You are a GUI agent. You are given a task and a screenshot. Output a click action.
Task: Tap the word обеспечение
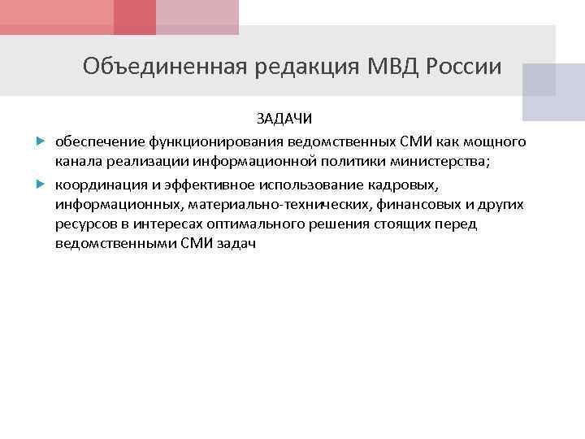click(94, 142)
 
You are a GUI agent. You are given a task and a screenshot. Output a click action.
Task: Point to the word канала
click(78, 162)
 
